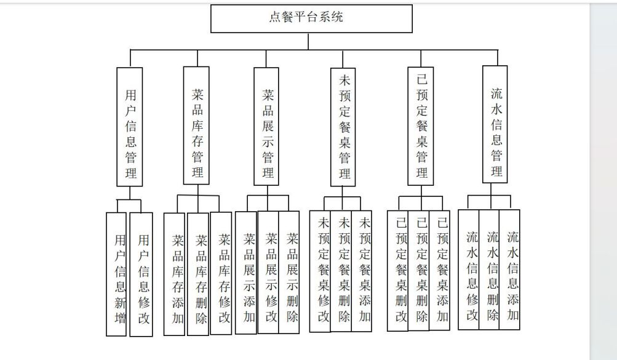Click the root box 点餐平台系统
(312, 18)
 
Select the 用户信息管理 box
(129, 127)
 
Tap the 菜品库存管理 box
(196, 126)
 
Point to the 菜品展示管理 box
(266, 126)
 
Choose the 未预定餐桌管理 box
(343, 127)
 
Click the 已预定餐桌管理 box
(421, 126)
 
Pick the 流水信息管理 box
(495, 124)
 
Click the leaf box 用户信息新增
(116, 274)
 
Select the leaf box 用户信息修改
(141, 274)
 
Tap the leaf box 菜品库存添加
(174, 274)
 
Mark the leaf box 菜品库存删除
(198, 274)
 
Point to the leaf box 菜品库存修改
(221, 273)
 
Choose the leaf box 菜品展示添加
(246, 273)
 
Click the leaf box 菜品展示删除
(289, 272)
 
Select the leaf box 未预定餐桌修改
(320, 271)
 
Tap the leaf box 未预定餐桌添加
(362, 271)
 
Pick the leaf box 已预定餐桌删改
(398, 271)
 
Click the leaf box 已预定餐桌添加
(440, 271)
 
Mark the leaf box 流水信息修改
(469, 270)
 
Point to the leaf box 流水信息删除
(490, 270)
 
